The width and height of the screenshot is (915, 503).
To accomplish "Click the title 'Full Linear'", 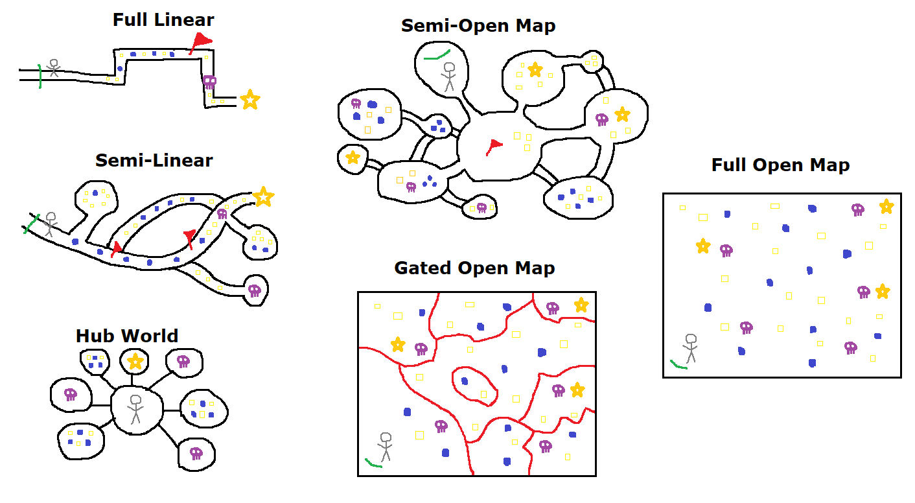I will (163, 20).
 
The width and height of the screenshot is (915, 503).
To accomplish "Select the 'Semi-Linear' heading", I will (154, 160).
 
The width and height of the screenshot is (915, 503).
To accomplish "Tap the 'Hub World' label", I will (127, 336).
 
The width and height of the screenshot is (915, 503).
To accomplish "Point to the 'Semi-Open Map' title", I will (478, 26).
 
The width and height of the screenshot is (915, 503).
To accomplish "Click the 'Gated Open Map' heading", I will (474, 268).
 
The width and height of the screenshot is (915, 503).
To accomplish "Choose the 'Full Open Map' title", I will (780, 165).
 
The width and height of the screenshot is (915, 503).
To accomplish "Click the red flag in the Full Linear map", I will (200, 41).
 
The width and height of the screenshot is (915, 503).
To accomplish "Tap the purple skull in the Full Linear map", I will (209, 82).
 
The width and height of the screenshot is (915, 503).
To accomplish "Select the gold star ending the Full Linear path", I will (249, 100).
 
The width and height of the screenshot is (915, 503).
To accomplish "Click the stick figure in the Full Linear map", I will (53, 67).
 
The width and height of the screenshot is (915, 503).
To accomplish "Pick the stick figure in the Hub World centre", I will (135, 408).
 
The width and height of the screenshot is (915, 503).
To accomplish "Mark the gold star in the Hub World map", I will (135, 360).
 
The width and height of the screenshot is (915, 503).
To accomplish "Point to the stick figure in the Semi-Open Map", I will (448, 76).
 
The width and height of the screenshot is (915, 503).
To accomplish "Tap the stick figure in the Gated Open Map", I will (386, 446).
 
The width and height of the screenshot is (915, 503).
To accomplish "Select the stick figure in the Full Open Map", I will (690, 347).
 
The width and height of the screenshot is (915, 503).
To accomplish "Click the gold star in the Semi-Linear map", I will (262, 196).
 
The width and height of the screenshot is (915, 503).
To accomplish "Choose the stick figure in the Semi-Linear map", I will (50, 224).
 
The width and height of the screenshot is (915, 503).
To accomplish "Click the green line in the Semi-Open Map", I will (437, 54).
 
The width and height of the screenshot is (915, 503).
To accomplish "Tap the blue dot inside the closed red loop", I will (464, 381).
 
